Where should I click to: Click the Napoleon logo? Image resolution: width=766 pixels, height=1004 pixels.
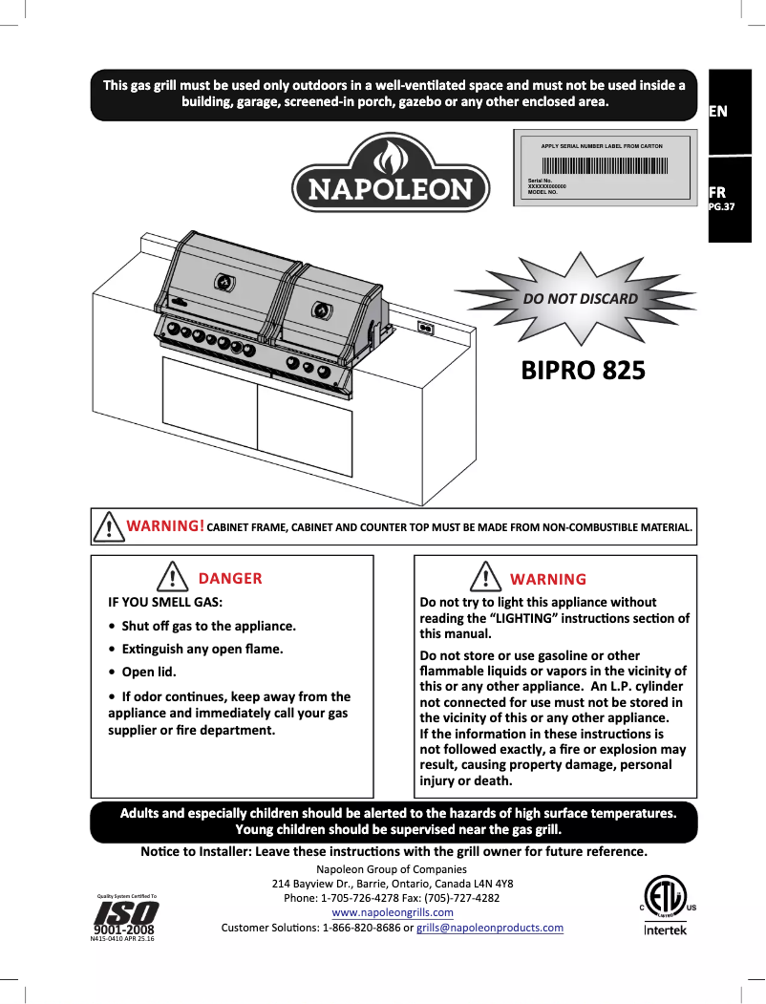pyautogui.click(x=391, y=175)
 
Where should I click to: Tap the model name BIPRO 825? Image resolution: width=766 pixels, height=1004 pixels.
pyautogui.click(x=583, y=370)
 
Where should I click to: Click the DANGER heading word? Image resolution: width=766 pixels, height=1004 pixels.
pyautogui.click(x=229, y=578)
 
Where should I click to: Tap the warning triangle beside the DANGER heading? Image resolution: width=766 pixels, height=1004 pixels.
pyautogui.click(x=171, y=578)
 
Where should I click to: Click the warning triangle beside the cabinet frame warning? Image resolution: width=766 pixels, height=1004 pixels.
pyautogui.click(x=109, y=526)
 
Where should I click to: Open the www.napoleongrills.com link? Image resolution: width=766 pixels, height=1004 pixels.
pyautogui.click(x=392, y=913)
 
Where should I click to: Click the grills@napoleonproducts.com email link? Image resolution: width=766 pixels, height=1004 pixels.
pyautogui.click(x=490, y=928)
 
